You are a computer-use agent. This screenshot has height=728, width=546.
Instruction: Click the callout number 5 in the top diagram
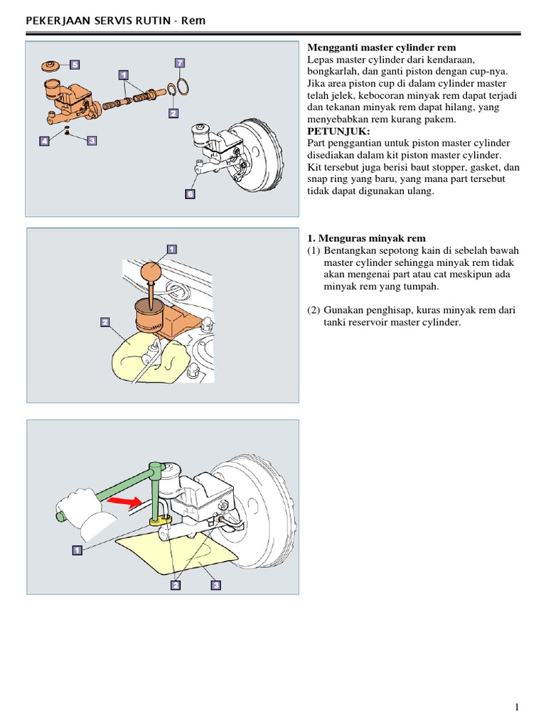(75, 64)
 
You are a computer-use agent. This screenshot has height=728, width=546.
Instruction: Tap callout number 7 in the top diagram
(180, 63)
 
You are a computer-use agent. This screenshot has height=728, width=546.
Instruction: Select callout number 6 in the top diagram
(190, 193)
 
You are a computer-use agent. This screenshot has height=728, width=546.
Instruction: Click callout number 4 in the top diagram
(44, 141)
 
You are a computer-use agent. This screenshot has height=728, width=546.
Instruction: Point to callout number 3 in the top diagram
(91, 141)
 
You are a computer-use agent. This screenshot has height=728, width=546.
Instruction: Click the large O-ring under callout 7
(181, 87)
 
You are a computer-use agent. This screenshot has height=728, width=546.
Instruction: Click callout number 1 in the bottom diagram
(76, 550)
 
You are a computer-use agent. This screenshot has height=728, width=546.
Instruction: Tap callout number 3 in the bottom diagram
(215, 585)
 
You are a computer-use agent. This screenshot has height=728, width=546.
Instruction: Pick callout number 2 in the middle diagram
(105, 322)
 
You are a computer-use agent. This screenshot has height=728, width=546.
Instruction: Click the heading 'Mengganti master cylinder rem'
(381, 48)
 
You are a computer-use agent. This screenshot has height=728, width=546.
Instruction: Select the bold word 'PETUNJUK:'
(338, 132)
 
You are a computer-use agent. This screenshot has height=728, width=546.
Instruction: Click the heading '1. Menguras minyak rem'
(366, 238)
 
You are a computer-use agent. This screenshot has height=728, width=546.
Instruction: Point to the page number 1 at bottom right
(518, 707)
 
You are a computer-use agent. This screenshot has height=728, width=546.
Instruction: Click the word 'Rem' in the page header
(193, 21)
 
